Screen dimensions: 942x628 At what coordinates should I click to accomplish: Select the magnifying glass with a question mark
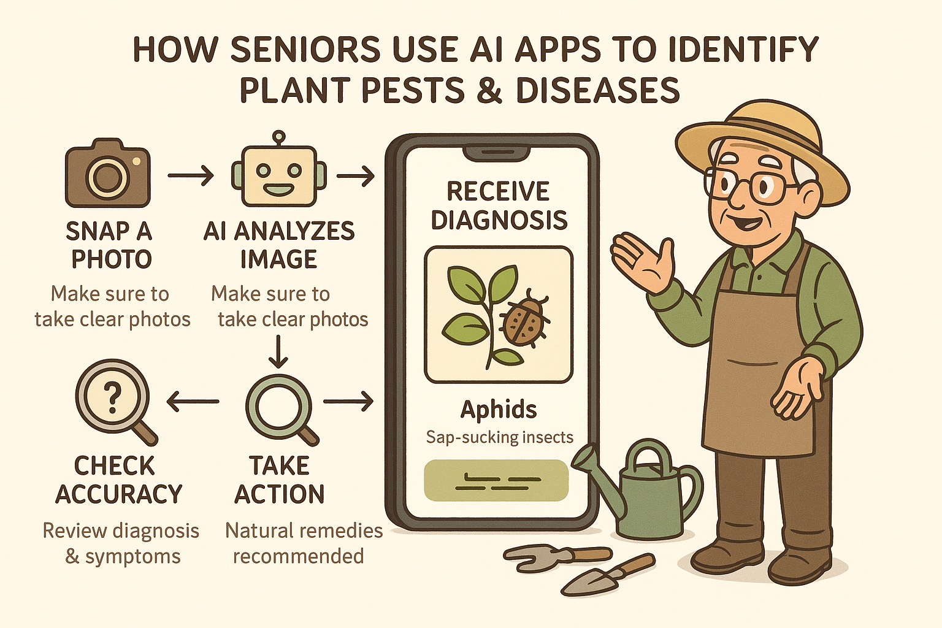tap(117, 402)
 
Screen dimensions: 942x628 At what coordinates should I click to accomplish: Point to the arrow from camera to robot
tap(191, 175)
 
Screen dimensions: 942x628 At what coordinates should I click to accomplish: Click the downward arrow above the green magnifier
tap(278, 351)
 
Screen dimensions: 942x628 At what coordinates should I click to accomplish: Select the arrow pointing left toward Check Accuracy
tap(193, 401)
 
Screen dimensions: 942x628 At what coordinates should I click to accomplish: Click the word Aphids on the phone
tap(499, 409)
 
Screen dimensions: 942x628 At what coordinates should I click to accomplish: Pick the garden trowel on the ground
tap(608, 574)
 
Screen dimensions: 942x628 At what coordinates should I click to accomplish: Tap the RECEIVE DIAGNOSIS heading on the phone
tap(499, 205)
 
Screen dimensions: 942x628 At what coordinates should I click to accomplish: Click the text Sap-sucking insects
tap(500, 437)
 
